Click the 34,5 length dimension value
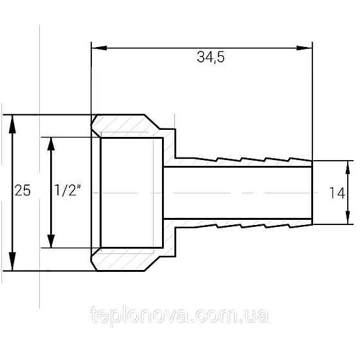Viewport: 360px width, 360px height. (209, 58)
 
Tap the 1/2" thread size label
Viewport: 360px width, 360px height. (66, 191)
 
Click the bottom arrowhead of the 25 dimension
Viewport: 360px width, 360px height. (12, 264)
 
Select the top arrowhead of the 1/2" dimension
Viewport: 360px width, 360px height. (51, 143)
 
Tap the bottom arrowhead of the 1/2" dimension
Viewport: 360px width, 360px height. (51, 242)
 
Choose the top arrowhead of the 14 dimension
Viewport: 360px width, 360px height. (348, 166)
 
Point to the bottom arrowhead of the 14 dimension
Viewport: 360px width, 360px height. (348, 218)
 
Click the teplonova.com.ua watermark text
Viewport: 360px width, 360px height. (180, 317)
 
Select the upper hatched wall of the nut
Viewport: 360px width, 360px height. (129, 126)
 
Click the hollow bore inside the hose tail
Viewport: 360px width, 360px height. (238, 192)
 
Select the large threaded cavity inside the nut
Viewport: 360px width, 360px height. (132, 192)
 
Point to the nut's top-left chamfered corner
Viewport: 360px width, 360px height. (94, 120)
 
